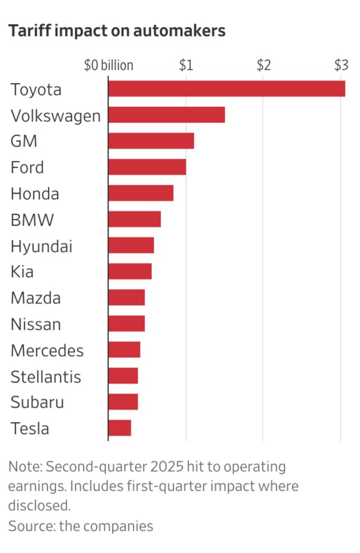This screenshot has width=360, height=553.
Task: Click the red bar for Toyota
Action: click(226, 89)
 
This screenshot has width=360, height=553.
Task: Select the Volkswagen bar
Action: click(166, 115)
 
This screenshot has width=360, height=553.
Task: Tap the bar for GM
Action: click(151, 141)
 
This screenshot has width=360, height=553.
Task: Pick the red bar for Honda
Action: click(141, 193)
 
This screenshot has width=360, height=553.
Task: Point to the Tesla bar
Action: click(119, 428)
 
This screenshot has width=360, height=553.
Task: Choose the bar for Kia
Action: click(130, 272)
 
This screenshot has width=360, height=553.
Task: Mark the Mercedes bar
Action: click(124, 350)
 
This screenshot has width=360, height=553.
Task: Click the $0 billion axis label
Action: click(109, 65)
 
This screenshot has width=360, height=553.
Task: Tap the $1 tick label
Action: click(186, 65)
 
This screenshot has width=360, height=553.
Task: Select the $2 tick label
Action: click(263, 65)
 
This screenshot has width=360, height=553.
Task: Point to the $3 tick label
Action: click(341, 65)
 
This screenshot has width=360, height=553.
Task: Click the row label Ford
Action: click(27, 167)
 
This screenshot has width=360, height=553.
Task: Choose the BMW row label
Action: click(32, 219)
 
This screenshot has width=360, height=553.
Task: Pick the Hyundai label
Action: click(41, 246)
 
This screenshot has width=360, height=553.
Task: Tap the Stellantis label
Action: click(46, 376)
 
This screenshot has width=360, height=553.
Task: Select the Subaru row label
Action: click(37, 402)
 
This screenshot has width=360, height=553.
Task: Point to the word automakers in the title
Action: click(181, 31)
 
